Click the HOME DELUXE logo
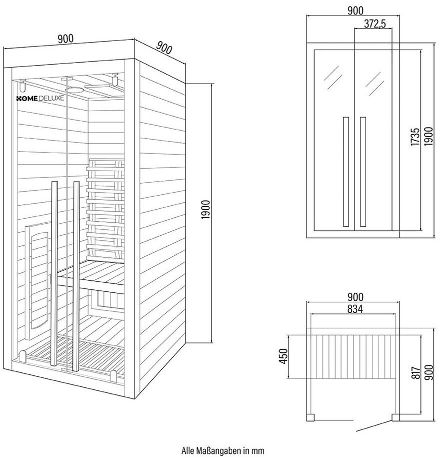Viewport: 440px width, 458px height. pos(40,99)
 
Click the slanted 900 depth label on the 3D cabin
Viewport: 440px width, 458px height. pos(164,49)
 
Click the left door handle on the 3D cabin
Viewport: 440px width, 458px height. pos(54,275)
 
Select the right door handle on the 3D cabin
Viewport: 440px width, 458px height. pos(76,275)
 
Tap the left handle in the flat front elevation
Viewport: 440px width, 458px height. pos(345,171)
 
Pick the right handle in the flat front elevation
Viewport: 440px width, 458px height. pos(363,171)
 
